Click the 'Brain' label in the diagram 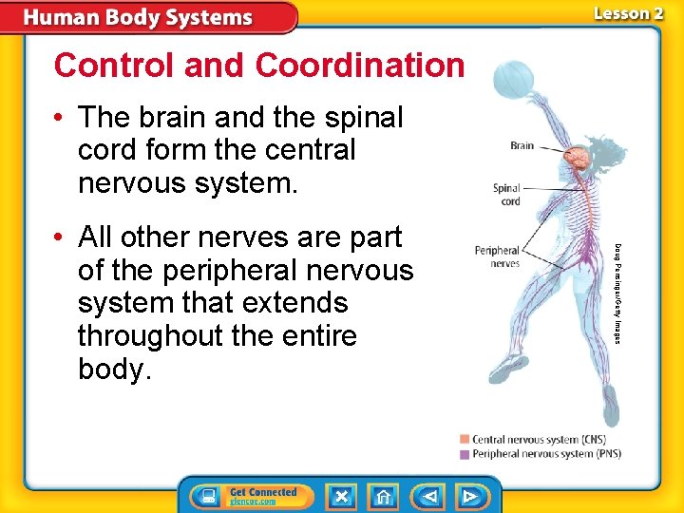click(522, 146)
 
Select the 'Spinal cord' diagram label click(506, 194)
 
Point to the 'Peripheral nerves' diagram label click(498, 256)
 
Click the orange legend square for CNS click(465, 439)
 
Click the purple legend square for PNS click(465, 453)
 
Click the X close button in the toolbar click(341, 496)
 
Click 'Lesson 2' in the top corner click(628, 13)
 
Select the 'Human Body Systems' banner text click(139, 17)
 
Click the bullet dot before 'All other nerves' click(59, 237)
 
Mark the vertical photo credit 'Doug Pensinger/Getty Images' click(617, 294)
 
